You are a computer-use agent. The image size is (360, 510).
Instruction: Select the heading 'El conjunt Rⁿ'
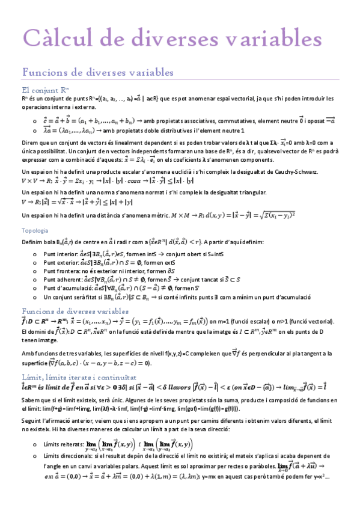(x=43, y=89)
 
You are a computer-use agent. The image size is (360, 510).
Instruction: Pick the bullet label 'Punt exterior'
(x=61, y=263)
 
